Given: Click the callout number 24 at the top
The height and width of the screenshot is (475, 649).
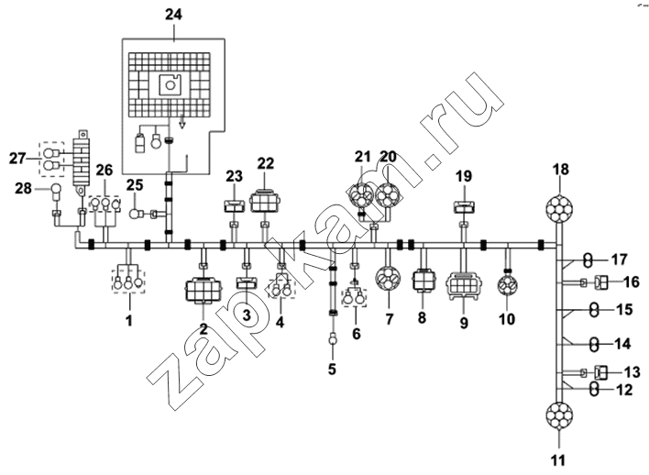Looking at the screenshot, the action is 173,15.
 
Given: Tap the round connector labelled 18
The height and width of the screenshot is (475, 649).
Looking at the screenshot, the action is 559,208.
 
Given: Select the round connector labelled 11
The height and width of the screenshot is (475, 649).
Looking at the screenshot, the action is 559,416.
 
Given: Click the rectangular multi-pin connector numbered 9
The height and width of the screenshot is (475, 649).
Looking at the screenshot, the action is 464,286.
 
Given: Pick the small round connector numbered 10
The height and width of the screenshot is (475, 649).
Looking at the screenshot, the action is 508,286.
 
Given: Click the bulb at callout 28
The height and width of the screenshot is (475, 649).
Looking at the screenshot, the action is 56,193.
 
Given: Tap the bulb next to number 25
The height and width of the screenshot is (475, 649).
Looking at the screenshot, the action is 137,214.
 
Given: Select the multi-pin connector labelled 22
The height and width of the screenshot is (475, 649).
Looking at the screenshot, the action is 265,203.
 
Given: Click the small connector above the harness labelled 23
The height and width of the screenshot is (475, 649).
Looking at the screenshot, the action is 235,205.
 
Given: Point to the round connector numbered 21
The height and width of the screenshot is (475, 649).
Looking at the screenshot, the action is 361,196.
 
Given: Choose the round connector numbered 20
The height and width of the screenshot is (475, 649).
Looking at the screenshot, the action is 389,194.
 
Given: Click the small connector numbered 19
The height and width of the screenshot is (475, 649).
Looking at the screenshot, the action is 464,206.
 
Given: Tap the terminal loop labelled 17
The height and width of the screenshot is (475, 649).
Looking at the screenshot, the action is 587,260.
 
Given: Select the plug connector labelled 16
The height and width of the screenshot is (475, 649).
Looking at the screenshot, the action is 601,283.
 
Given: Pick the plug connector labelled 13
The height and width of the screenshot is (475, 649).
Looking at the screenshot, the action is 601,372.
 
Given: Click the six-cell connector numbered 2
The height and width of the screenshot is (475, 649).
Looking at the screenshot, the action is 203,290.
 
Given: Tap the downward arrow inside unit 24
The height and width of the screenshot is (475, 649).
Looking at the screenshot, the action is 181,123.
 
